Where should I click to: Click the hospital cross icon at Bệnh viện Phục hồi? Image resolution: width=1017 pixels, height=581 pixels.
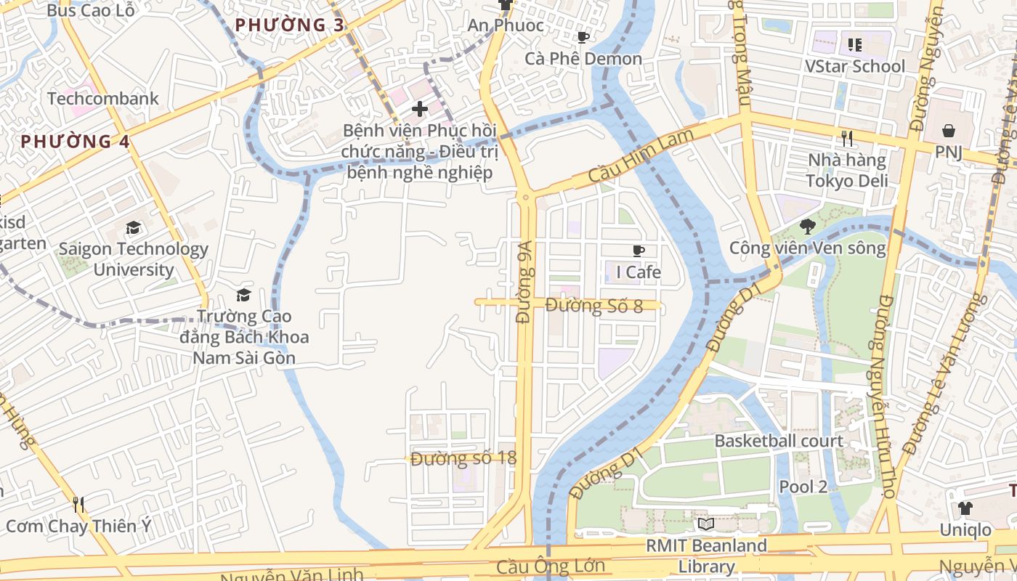coord(419,109)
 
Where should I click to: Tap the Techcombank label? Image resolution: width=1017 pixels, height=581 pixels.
coord(102,98)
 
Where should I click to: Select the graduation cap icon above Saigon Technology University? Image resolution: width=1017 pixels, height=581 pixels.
coord(133,228)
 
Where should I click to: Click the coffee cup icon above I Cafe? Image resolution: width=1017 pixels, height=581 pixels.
coord(638,251)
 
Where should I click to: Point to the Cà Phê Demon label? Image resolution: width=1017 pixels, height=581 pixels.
coord(583,59)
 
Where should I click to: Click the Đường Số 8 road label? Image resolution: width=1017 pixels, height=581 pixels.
coord(593,306)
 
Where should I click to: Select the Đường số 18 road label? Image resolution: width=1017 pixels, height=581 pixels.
coord(463,458)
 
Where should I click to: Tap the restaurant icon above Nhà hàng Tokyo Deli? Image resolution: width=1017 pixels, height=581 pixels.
coord(846,137)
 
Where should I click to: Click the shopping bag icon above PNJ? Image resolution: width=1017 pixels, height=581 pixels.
coord(948,131)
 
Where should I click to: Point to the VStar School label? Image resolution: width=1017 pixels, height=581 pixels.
coord(855,66)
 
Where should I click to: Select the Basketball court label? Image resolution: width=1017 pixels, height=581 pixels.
coord(779,441)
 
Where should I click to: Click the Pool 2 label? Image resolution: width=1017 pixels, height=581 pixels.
coord(803,487)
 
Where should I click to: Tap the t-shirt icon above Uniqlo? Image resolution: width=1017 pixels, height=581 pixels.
coord(965,508)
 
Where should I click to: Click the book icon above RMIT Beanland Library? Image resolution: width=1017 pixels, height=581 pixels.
coord(705,524)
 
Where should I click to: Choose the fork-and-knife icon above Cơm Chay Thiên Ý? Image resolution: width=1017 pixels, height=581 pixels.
coord(78,503)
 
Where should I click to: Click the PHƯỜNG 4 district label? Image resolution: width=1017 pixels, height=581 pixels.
coord(75,142)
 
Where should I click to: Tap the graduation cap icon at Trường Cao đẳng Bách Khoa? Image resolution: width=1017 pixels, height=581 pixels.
coord(243,295)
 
